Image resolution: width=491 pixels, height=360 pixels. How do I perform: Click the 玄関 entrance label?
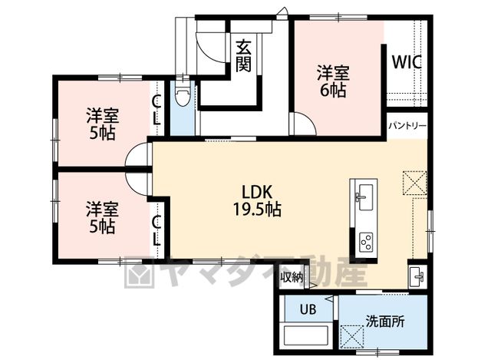[x=243, y=56]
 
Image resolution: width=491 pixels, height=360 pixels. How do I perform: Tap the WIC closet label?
[x=407, y=62]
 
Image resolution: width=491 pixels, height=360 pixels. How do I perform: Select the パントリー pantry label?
[x=407, y=126]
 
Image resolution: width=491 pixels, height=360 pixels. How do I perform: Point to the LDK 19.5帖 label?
[x=257, y=201]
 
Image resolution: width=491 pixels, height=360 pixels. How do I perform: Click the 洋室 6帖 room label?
[x=333, y=81]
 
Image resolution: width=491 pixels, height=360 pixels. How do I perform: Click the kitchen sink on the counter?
[x=364, y=197]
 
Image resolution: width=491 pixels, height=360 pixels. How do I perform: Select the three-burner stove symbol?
[x=366, y=242]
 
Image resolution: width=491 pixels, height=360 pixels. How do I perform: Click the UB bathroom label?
[x=308, y=309]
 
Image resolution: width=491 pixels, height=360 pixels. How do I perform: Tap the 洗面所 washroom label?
[x=385, y=322]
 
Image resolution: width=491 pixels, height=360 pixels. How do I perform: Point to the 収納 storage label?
[x=292, y=277]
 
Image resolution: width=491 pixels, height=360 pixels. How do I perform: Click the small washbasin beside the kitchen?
[x=417, y=276]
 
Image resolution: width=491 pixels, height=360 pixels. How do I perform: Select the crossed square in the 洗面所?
[x=352, y=336]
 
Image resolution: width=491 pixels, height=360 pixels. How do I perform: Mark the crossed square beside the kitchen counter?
[x=415, y=183]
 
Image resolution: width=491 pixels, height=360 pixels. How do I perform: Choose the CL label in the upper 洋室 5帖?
[x=157, y=111]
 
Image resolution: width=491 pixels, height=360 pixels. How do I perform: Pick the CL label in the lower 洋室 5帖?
[x=157, y=231]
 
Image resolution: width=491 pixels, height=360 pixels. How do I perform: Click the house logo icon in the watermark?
[x=139, y=272]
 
